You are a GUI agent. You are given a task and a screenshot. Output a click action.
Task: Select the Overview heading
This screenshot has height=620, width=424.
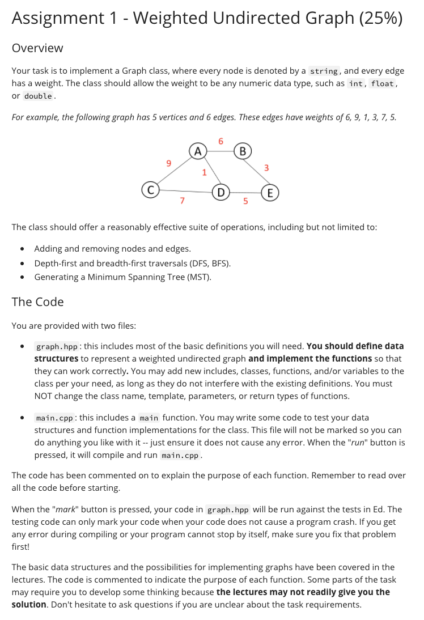click(37, 48)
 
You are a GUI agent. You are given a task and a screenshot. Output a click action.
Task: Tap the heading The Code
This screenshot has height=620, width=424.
click(37, 301)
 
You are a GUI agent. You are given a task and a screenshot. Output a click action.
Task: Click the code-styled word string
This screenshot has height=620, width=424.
click(324, 71)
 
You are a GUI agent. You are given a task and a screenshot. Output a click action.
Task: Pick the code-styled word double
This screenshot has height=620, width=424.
click(39, 96)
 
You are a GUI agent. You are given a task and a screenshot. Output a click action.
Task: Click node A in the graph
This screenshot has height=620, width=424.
click(197, 151)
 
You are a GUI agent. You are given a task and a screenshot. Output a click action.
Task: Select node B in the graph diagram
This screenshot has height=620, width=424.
click(243, 151)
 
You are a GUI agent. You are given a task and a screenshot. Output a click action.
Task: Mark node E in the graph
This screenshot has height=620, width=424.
click(270, 193)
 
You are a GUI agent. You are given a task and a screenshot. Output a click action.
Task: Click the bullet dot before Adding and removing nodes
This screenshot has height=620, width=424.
click(22, 249)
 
